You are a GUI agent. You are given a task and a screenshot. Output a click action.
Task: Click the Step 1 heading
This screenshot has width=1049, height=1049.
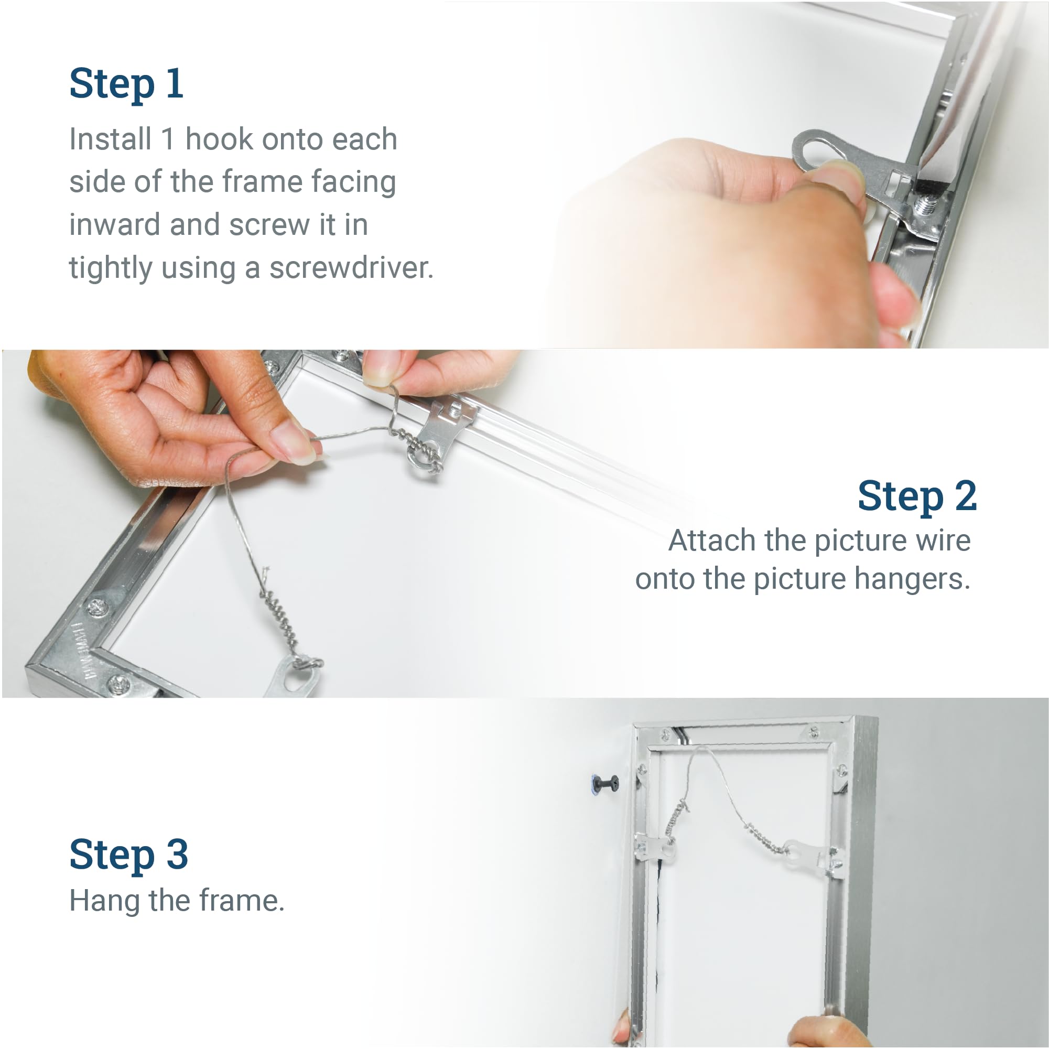pyautogui.click(x=126, y=84)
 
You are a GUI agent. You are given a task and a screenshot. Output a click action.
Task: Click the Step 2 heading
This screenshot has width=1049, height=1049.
pyautogui.click(x=917, y=496)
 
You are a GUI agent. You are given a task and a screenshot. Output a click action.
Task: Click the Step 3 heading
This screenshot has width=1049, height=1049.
pyautogui.click(x=128, y=854)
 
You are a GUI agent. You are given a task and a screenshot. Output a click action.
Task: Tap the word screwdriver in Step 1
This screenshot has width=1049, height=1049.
pyautogui.click(x=351, y=267)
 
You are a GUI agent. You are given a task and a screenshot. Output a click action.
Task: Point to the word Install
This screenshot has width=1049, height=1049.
pyautogui.click(x=110, y=139)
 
